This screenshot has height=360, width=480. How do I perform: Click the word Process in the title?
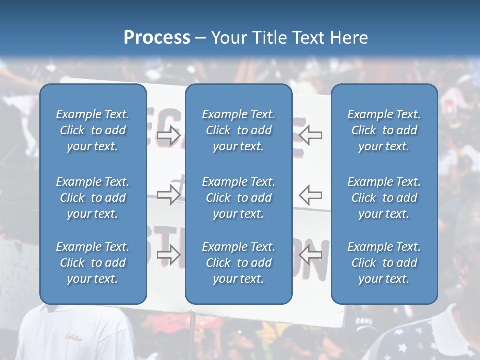[x=157, y=37]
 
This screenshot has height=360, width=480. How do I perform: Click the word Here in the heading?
[x=349, y=37]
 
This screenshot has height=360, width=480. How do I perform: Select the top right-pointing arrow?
[x=169, y=135]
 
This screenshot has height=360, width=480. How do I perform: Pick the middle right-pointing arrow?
[x=169, y=195]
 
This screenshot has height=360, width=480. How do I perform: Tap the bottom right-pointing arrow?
[x=169, y=255]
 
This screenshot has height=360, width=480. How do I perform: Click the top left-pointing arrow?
[x=311, y=135]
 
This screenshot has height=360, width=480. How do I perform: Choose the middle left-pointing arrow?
[x=311, y=195]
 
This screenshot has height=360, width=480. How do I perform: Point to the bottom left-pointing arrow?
[x=311, y=255]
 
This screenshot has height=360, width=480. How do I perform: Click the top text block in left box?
[x=93, y=130]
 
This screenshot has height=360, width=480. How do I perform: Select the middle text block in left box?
[x=93, y=198]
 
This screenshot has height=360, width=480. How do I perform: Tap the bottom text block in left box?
[x=93, y=263]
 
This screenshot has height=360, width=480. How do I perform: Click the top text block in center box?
[x=238, y=130]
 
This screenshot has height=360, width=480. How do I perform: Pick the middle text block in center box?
[x=238, y=198]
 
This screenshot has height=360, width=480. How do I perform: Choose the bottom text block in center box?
[x=238, y=263]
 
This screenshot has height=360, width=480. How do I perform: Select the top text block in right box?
[x=384, y=130]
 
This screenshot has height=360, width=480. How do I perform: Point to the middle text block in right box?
[x=384, y=198]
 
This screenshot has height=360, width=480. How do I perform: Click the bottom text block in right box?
[x=384, y=263]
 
